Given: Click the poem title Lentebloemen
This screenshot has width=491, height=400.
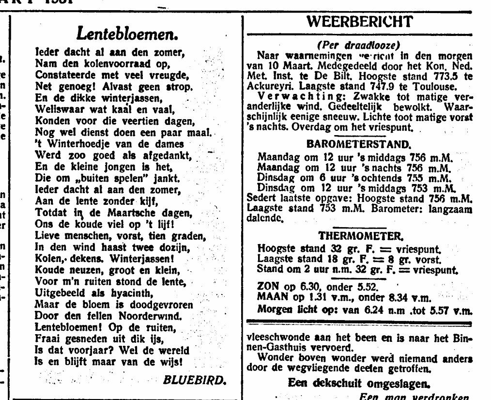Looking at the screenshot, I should (x=127, y=33).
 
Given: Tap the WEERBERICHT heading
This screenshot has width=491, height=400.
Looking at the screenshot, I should (x=360, y=22).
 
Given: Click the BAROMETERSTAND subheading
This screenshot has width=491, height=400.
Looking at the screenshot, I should (x=359, y=144).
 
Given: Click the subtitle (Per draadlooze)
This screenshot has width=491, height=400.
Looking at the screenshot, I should (x=358, y=45).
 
